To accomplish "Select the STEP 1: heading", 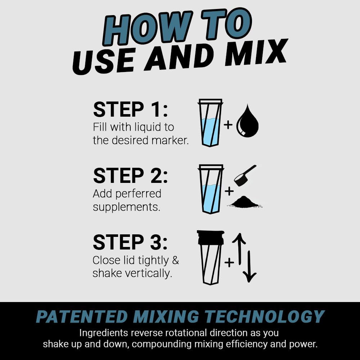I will point(130,110).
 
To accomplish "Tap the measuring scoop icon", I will point(244,175).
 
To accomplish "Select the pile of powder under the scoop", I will point(245,202).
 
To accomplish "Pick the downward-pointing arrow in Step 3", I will point(249,266).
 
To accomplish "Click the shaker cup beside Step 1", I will point(210,123).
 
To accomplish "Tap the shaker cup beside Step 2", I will point(211,189).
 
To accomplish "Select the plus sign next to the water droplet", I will point(228,125).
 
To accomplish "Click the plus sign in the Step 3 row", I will point(229,262).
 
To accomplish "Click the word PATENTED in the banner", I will point(82,317).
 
